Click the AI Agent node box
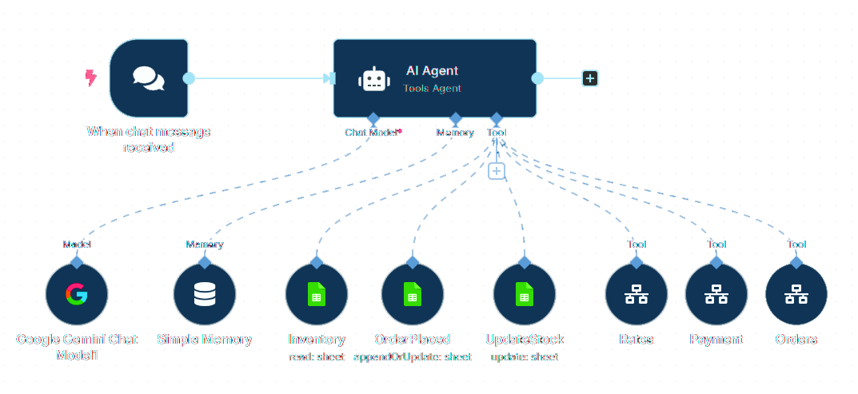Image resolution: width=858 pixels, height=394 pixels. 434,78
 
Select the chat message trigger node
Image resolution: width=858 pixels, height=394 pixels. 149,78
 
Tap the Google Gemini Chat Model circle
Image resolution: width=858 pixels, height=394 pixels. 77,295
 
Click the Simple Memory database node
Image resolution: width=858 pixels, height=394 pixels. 205,295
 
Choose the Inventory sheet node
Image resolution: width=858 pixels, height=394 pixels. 317,295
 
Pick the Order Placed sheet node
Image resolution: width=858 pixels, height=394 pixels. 413,295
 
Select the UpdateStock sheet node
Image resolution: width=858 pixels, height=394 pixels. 525,295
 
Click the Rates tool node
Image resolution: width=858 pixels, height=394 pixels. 637,295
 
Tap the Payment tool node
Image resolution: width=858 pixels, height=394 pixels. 716,295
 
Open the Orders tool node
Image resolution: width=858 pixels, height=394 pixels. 796,295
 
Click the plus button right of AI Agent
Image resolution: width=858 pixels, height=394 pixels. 590,78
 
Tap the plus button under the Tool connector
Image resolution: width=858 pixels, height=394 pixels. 497,171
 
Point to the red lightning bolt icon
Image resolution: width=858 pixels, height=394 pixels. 91,78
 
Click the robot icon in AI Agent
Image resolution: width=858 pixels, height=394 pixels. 374,79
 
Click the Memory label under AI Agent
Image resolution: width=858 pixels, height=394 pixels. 455,133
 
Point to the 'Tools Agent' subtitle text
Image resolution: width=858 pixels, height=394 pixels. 432,89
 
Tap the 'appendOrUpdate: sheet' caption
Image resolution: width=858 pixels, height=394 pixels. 413,356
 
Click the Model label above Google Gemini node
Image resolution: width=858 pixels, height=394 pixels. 77,245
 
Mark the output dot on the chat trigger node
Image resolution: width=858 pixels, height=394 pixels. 189,78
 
